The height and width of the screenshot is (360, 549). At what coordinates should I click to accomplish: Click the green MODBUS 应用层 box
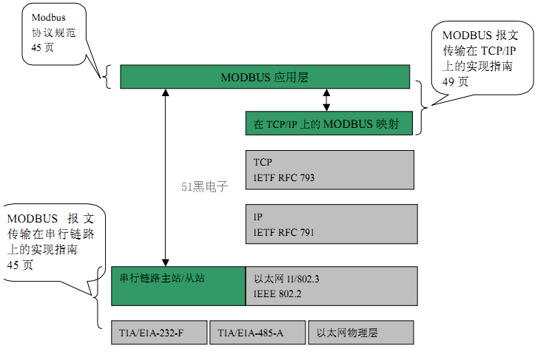point(265,77)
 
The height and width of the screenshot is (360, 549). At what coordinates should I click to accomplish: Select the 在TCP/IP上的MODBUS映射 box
point(327,123)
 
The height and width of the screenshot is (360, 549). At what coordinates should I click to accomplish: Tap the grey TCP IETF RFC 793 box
point(329,169)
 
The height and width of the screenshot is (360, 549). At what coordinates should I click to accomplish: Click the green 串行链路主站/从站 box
point(178,285)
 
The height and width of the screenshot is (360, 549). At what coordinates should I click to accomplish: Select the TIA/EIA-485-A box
point(257,333)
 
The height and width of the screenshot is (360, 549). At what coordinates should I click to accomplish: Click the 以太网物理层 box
point(360,333)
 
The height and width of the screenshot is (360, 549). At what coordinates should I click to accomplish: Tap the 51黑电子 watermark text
point(205,187)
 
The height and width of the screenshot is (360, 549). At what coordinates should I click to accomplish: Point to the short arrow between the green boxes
point(326,100)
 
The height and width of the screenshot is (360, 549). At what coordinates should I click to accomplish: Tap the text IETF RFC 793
point(284,177)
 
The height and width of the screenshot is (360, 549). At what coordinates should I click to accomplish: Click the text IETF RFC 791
point(284,233)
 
